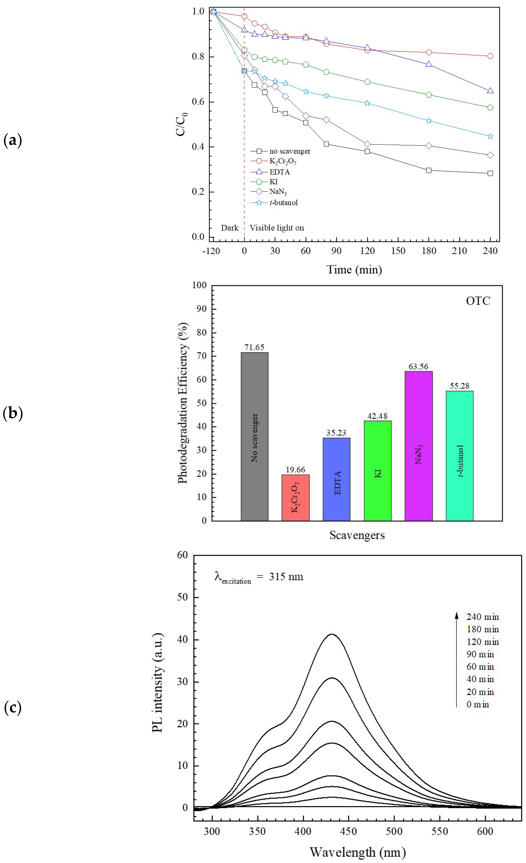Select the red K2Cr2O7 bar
[295, 497]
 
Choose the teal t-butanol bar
[460, 455]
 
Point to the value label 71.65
[255, 348]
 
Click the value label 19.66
[295, 470]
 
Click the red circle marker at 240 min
[490, 56]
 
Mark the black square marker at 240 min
[490, 173]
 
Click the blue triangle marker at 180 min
[429, 64]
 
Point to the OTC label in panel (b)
[478, 301]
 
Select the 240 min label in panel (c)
[483, 617]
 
